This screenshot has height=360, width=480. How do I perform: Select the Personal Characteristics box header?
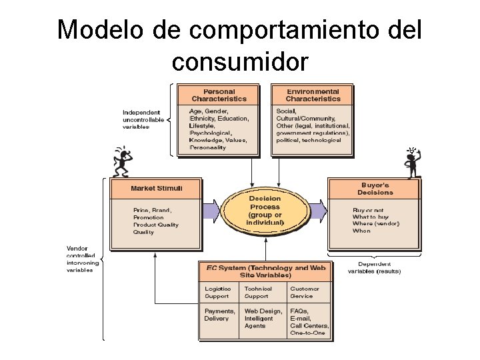coord(219,95)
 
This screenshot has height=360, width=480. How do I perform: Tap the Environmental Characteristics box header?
coord(312,95)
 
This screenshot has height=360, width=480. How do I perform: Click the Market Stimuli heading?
coord(156,188)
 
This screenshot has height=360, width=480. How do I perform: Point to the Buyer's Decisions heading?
coord(375,188)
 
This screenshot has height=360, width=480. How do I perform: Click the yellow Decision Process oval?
coord(265,210)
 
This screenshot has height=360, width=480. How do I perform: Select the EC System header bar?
coord(266,271)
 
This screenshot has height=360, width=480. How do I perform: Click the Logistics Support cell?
coord(218,292)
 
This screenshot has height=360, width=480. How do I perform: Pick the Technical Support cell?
coord(258,292)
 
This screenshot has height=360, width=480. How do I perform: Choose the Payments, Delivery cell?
coord(219,315)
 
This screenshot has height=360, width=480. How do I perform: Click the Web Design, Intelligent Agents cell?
coord(263,318)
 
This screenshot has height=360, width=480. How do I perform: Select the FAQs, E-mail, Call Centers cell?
coord(307,321)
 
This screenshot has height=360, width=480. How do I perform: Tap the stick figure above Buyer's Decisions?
coord(411,162)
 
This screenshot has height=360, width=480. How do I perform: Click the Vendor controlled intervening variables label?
coord(83,259)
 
